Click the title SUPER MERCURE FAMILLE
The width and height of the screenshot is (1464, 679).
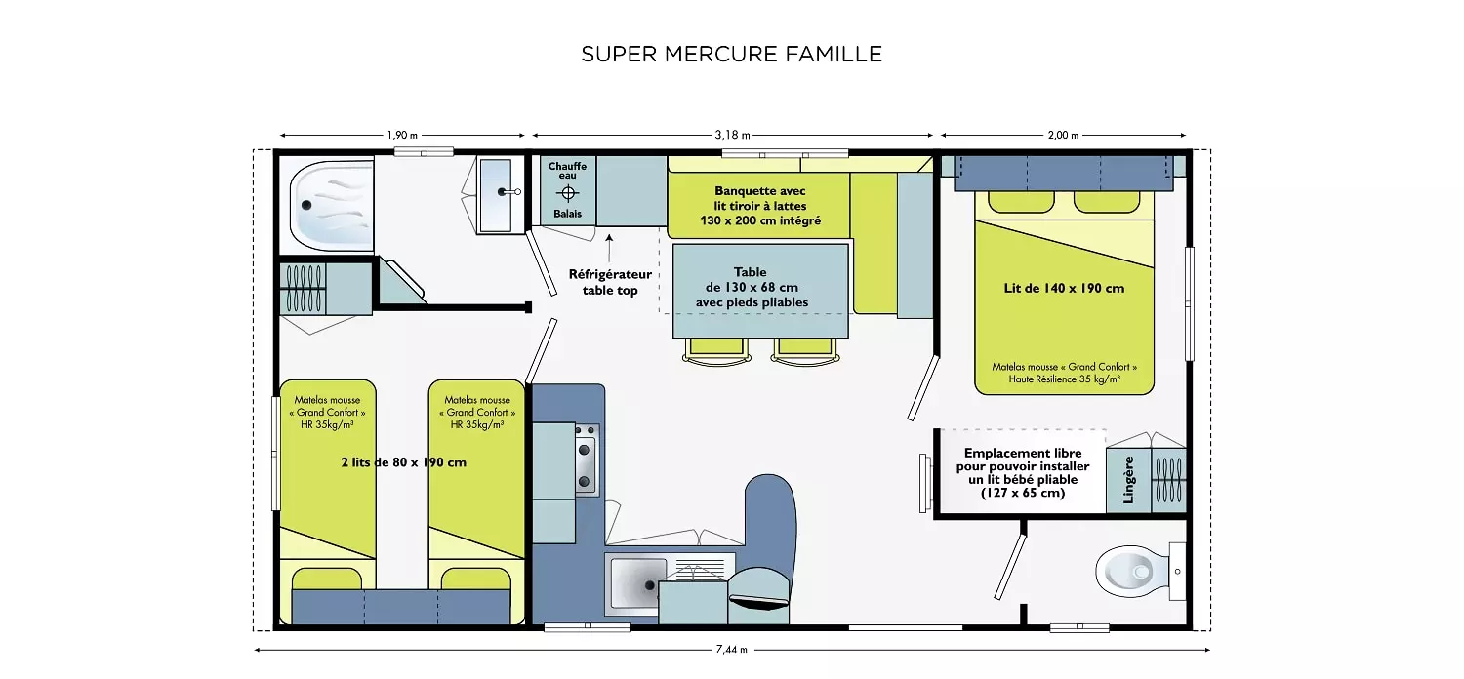coord(731,54)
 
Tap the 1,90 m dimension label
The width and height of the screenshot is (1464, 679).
coord(402,136)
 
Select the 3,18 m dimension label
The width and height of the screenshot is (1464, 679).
coord(732,136)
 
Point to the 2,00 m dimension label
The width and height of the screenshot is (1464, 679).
coord(1064,136)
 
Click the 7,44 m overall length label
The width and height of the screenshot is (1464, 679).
coord(731,650)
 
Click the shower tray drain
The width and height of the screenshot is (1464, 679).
coord(306,205)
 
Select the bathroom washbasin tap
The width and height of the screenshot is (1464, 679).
coord(509,192)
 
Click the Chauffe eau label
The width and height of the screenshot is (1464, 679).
coord(567,171)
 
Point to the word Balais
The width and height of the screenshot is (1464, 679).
coord(567,214)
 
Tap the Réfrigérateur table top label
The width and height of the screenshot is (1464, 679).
coord(610,282)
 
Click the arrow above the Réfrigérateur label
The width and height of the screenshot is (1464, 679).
coord(609,249)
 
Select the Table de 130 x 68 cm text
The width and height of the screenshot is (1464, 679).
coord(752,287)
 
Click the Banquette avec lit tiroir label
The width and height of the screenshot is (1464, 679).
coord(760,206)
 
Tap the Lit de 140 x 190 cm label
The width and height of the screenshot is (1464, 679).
coord(1064,288)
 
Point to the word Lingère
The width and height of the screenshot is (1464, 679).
coord(1128,480)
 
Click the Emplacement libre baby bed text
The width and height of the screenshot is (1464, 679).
coord(1023,472)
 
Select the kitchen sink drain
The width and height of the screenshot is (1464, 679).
coord(650,585)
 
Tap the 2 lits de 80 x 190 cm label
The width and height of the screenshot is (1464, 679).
coord(404,462)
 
